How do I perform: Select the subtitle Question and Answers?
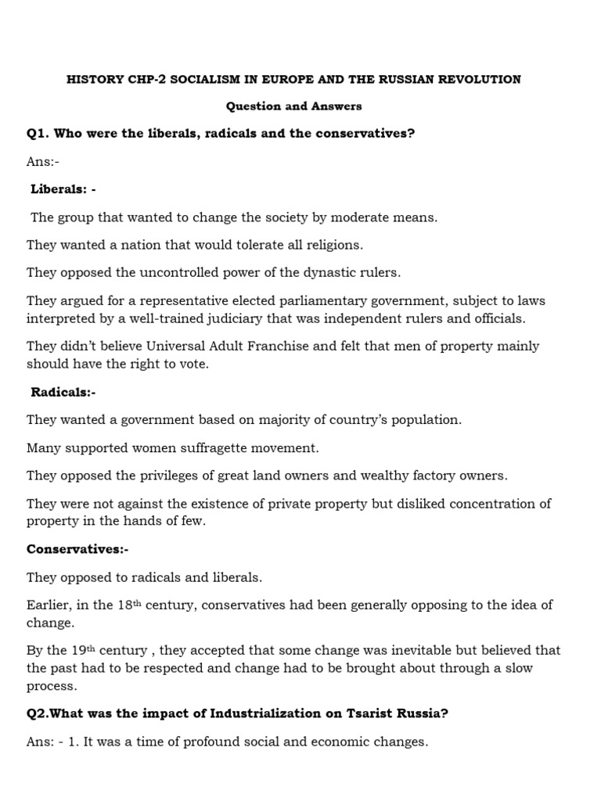pos(294,106)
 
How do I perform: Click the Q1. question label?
pos(38,134)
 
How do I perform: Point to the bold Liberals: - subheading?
pos(63,189)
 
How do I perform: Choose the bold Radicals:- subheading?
pos(63,392)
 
